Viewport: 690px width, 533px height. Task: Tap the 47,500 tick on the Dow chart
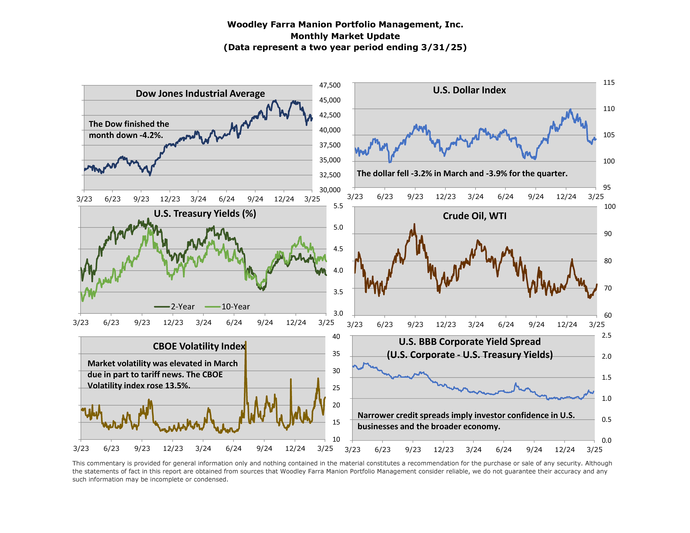click(330, 85)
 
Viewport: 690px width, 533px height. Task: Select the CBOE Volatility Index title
click(199, 346)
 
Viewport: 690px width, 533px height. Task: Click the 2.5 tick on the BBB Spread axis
click(606, 335)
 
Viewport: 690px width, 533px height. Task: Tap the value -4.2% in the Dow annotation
click(151, 135)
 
